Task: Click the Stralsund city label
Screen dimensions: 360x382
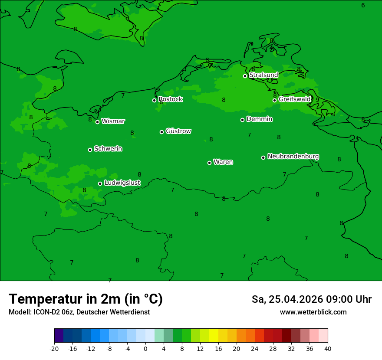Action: tap(263, 75)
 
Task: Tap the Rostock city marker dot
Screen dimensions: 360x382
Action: tap(154, 100)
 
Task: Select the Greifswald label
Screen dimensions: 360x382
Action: tap(294, 99)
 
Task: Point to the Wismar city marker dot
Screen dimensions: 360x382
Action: tap(98, 122)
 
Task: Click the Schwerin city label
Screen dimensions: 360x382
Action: tap(108, 149)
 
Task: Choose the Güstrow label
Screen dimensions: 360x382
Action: tap(178, 131)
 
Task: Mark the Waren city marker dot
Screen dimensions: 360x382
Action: tap(209, 163)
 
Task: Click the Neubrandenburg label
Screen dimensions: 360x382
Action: tap(293, 156)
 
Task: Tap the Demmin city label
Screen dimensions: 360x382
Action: tap(259, 119)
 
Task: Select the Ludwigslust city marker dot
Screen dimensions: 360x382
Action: tap(100, 183)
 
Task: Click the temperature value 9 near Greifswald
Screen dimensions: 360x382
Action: tap(317, 100)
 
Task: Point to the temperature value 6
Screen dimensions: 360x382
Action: tap(363, 5)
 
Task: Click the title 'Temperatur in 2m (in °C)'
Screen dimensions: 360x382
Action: tap(86, 299)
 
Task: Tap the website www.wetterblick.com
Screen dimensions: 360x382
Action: tap(313, 312)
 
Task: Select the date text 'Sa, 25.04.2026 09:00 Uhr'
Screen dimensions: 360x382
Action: tap(312, 299)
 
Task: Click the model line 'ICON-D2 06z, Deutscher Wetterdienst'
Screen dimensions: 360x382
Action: tap(79, 312)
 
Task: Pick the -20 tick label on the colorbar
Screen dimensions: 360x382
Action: tap(54, 348)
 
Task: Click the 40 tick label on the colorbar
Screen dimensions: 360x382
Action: tap(328, 348)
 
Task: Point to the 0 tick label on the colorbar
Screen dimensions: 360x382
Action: tap(145, 348)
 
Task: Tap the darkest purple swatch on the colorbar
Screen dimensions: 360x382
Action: tap(59, 336)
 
